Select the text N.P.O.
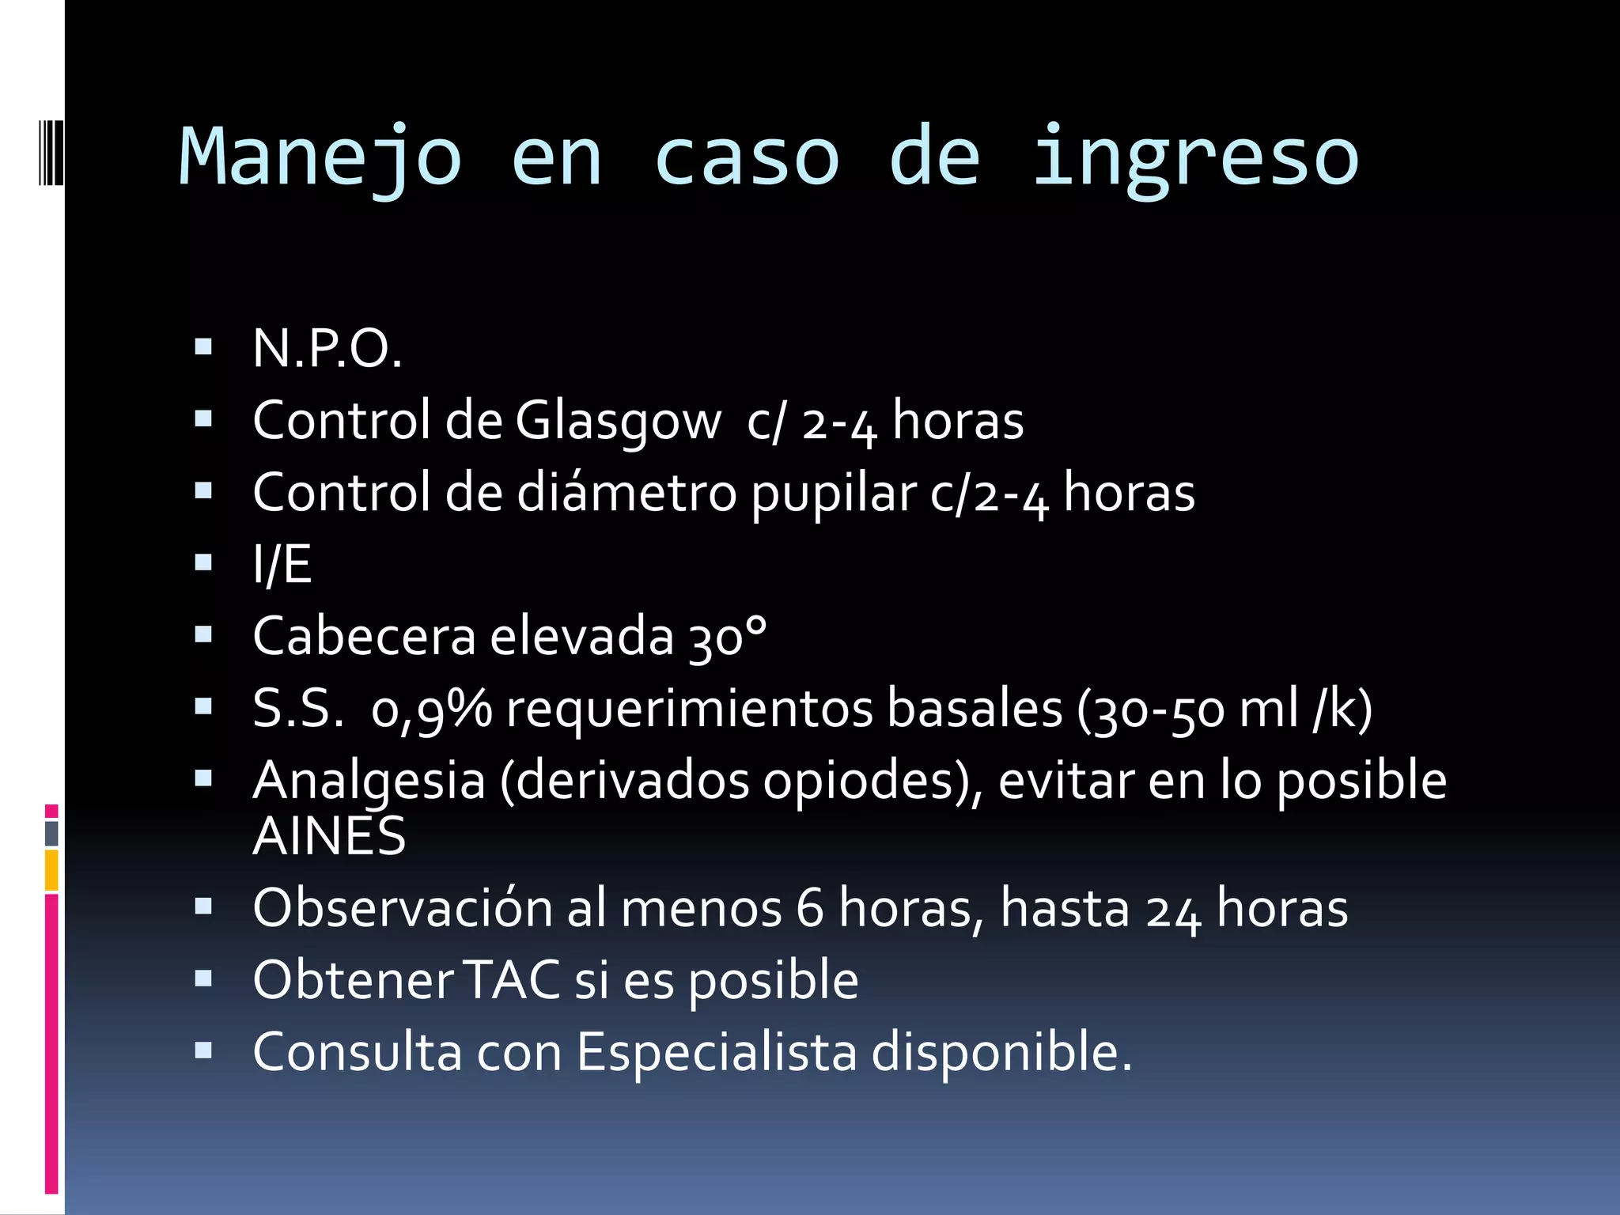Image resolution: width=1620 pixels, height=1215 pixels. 327,349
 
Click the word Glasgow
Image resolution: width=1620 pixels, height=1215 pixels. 618,421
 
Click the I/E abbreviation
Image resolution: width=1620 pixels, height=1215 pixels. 282,565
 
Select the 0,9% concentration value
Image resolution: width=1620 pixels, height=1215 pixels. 431,709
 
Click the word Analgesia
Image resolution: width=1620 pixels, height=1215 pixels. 369,782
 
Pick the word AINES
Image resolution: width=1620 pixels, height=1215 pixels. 329,837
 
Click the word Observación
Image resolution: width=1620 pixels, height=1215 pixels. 402,908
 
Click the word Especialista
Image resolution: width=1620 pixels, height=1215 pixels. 716,1053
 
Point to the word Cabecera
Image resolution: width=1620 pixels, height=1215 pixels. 364,637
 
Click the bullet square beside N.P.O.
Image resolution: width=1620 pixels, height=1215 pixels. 203,346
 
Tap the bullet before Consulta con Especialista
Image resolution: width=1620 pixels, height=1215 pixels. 203,1050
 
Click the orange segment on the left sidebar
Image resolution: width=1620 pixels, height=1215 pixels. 51,870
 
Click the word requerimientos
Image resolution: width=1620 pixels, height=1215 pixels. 688,709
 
